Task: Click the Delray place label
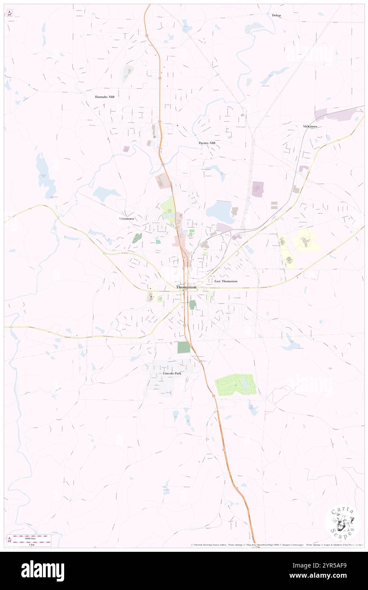pos(277,15)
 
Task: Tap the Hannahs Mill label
pos(105,97)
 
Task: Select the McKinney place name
pos(310,126)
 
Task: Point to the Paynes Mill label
pos(207,143)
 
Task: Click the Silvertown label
pos(126,218)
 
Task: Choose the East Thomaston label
pos(226,281)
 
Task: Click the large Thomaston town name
pos(186,287)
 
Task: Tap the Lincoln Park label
pos(172,373)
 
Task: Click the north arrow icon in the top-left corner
pos(9,12)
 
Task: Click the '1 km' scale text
pos(31,544)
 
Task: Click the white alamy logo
pos(42,570)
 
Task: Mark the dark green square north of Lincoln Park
pos(184,347)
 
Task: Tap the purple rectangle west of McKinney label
pos(258,189)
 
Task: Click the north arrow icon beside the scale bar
pos(9,540)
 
